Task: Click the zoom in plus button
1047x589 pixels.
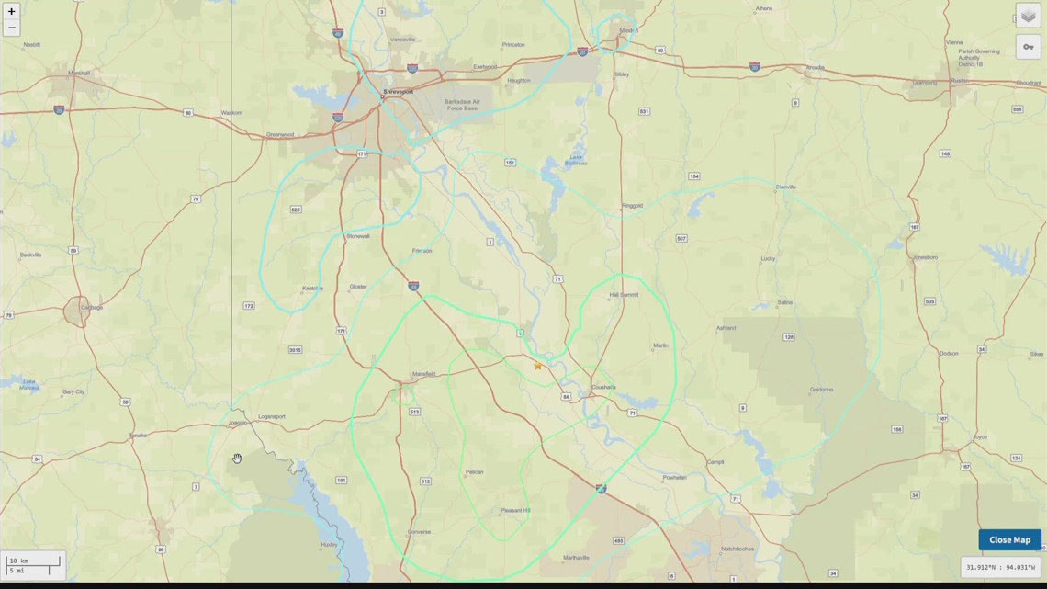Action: pos(12,12)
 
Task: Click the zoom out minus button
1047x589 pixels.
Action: pos(12,28)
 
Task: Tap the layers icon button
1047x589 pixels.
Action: pos(1028,17)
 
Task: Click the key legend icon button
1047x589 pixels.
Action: pos(1028,47)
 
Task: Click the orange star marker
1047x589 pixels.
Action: pos(538,366)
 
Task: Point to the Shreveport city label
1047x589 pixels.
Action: pos(398,92)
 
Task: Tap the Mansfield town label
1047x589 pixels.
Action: pos(423,374)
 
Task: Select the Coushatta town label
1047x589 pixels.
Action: pos(603,387)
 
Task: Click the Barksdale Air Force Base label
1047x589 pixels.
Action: pos(462,105)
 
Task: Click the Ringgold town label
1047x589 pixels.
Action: pos(632,205)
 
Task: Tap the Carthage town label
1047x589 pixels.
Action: pos(92,307)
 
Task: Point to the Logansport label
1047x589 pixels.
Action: pos(272,416)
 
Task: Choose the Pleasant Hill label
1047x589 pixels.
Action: pos(515,510)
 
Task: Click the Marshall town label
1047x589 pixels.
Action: pos(79,73)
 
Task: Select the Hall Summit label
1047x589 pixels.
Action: pos(623,295)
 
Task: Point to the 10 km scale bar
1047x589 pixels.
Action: pos(33,561)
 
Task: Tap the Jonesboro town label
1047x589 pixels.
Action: pos(925,257)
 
